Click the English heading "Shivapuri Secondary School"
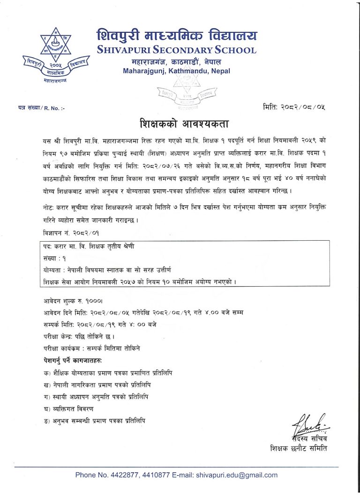coord(176,50)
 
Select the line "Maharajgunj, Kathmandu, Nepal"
coord(176,71)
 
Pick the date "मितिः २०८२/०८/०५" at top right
coord(294,107)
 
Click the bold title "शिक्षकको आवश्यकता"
coord(184,125)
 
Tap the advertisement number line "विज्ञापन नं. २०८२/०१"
coord(70,232)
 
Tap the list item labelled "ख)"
coord(96,385)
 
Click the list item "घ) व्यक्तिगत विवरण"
coord(71,409)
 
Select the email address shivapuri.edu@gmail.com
coord(237,475)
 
